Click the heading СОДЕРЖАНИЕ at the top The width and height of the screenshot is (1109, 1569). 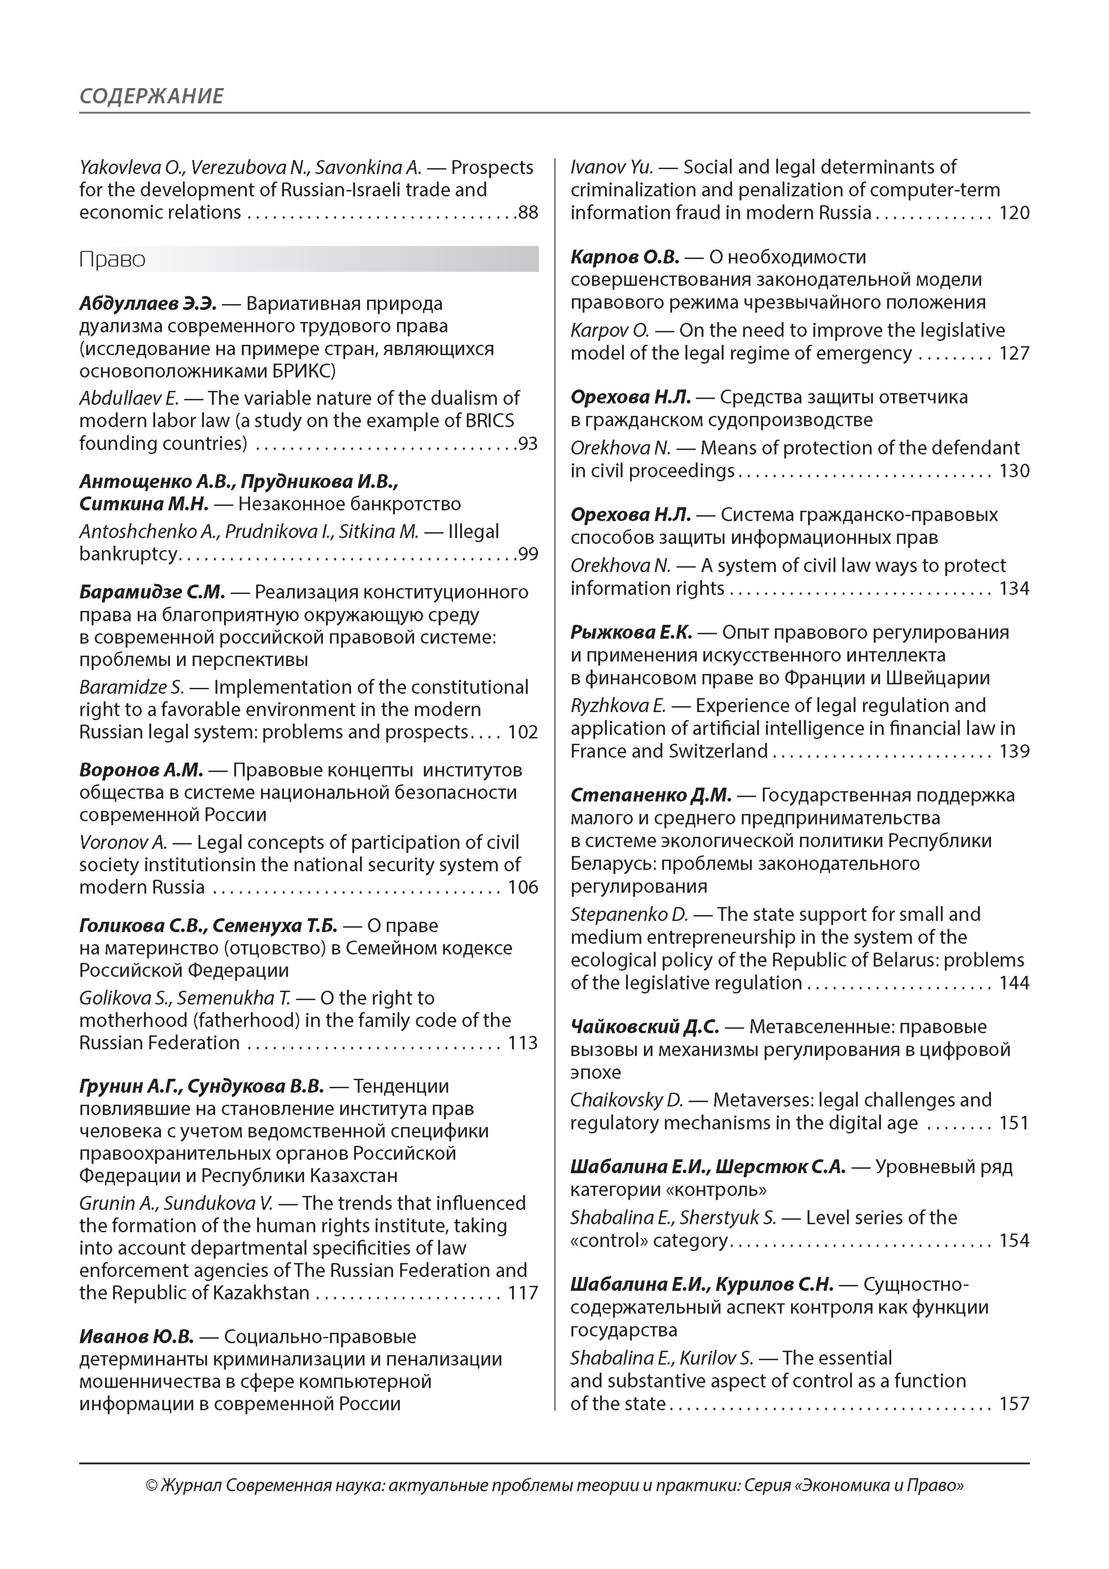coord(151,96)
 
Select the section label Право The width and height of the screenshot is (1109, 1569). coord(112,260)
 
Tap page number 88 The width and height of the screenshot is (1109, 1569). coord(528,212)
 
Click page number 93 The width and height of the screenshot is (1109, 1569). coord(528,444)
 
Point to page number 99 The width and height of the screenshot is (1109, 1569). coord(528,554)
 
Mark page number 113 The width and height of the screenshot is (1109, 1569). coord(523,1043)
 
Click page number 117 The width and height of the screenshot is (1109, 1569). coord(523,1293)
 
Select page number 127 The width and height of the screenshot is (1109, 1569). coord(1014,353)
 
